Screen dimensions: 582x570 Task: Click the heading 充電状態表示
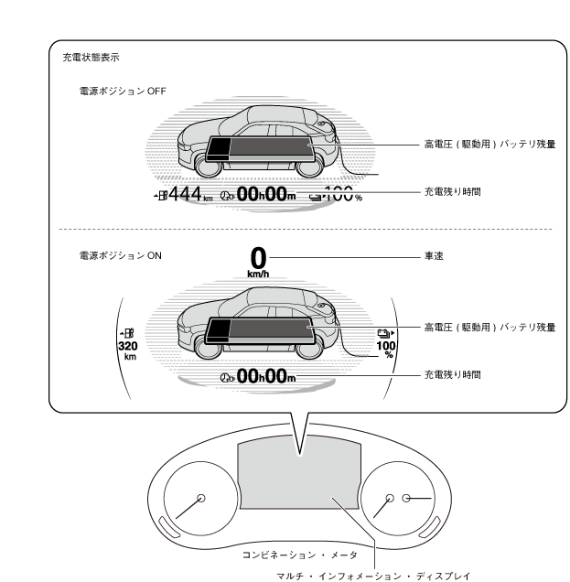pyautogui.click(x=90, y=58)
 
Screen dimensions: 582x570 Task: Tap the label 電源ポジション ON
pyautogui.click(x=120, y=257)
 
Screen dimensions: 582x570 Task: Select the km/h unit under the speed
pyautogui.click(x=259, y=273)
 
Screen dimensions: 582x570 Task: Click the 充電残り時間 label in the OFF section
pyautogui.click(x=451, y=192)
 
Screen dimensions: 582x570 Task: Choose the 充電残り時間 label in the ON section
pyautogui.click(x=451, y=375)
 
